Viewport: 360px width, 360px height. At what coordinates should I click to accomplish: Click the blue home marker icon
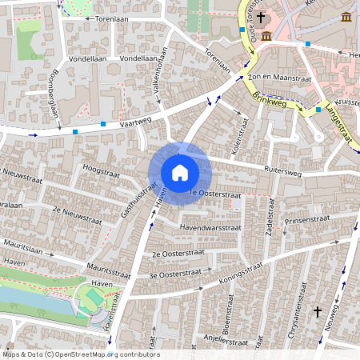[x=179, y=173]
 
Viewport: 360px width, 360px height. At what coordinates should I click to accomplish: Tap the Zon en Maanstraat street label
[x=278, y=78]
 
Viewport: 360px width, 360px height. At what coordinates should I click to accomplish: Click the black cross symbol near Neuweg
[x=318, y=310]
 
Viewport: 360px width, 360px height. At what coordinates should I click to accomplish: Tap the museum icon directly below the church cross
[x=266, y=36]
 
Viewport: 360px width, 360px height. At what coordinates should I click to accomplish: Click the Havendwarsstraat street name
[x=211, y=228]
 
